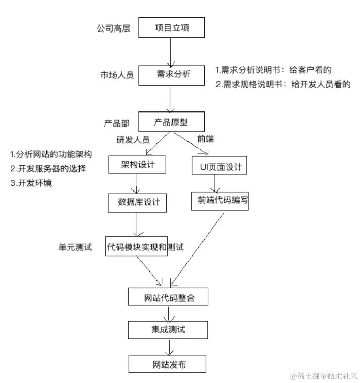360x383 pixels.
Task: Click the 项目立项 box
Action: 172,28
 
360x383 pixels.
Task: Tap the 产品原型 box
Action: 171,122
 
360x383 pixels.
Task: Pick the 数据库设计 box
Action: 138,202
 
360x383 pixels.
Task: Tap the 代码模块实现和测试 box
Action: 145,247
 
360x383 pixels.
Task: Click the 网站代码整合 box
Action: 168,298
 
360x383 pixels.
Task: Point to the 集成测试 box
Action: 168,329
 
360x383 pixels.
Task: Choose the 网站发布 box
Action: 168,364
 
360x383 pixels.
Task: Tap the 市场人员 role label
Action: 117,75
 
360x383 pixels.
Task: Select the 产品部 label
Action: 117,123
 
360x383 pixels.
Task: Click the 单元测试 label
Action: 75,247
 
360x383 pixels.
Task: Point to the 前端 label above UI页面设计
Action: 206,138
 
